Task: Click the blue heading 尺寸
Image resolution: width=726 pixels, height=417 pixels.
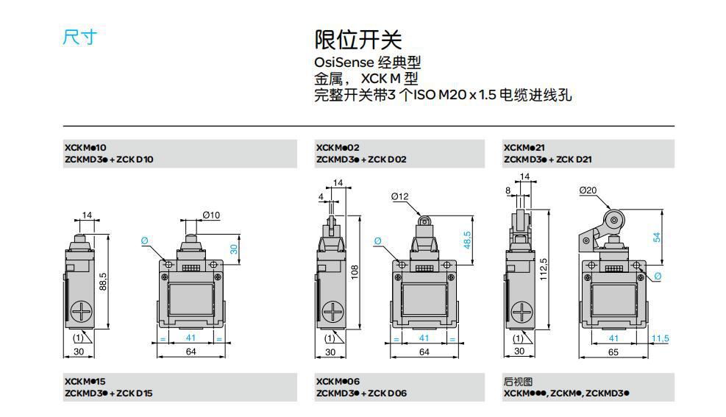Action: tap(79, 38)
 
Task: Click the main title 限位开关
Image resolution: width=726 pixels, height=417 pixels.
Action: tap(358, 40)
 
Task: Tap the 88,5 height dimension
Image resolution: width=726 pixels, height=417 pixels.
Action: tap(104, 282)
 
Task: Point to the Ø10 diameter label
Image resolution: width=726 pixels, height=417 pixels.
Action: tap(211, 215)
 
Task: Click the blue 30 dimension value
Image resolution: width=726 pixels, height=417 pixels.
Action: tap(234, 249)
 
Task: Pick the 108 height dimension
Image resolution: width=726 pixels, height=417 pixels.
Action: tap(354, 272)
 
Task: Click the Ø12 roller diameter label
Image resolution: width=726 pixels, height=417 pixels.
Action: tap(400, 196)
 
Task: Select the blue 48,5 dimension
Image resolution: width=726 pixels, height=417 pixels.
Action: tap(467, 239)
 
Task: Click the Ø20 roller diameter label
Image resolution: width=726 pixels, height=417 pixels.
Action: tap(588, 190)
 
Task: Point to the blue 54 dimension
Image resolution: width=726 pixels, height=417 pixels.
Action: tap(657, 237)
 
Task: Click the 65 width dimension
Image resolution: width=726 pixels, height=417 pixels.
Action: tap(613, 352)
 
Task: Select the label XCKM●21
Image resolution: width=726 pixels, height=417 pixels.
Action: tap(524, 148)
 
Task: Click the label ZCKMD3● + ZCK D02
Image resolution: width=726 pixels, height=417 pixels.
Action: tap(361, 159)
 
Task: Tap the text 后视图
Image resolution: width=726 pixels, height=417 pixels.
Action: tap(518, 382)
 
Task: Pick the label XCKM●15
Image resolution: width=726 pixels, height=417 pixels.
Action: tap(85, 382)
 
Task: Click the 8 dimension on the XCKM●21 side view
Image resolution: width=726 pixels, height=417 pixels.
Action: tap(509, 190)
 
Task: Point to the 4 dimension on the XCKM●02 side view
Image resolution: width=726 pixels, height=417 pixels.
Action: tap(321, 197)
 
